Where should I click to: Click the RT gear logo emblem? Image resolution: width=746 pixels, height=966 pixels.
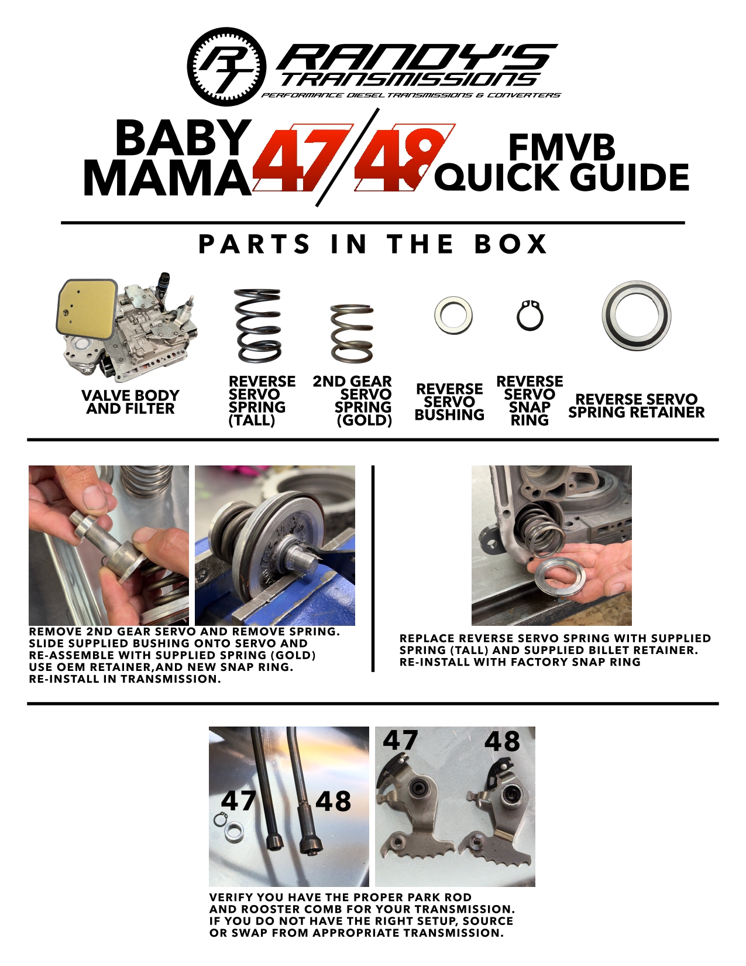point(227,66)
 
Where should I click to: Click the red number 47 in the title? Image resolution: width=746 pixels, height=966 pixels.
point(298,158)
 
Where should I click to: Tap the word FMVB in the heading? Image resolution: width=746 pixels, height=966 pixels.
point(562,148)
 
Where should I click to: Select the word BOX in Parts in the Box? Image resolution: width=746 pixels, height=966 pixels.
point(511,244)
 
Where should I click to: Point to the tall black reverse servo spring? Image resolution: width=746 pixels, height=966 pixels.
point(257,326)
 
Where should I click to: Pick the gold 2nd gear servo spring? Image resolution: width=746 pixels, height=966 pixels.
point(352,334)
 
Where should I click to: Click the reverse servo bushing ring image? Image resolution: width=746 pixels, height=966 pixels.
point(453,315)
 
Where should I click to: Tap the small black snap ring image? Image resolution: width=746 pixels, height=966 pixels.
point(530,316)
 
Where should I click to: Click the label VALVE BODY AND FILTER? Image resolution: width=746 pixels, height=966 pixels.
point(130,402)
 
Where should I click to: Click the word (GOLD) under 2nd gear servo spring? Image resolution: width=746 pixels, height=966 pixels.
point(364,420)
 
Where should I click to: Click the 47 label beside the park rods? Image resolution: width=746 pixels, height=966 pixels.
point(239,801)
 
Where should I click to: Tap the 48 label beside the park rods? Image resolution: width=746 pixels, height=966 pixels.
point(333,801)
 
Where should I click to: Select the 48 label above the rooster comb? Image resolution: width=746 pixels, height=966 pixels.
point(502,742)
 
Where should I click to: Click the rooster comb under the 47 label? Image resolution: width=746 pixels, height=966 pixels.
point(415,814)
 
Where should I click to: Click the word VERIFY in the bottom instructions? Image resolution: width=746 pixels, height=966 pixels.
point(233,898)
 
